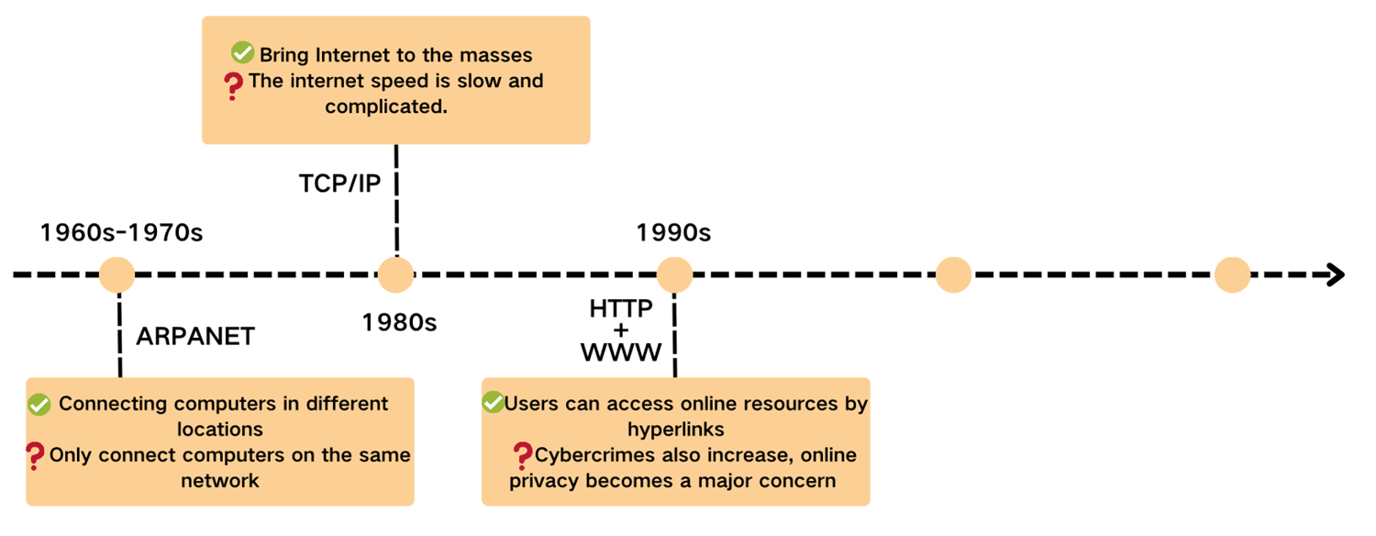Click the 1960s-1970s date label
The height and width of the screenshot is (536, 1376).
pos(121,232)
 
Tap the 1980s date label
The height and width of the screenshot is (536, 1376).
pos(399,322)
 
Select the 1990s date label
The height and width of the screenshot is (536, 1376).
pos(673,232)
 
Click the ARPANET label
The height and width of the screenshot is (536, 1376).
pos(195,336)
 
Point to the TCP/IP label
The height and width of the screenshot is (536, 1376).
pos(339,184)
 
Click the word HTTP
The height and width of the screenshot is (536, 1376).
pos(621,308)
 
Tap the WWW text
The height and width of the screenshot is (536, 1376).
pos(621,352)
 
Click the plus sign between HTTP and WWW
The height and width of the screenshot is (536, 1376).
pos(621,330)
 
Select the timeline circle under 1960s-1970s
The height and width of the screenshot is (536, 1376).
pos(117,274)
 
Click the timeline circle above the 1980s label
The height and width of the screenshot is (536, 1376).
pos(396,274)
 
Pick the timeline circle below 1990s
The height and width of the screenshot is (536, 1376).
pos(674,274)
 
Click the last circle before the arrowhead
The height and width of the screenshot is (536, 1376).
pos(1232,274)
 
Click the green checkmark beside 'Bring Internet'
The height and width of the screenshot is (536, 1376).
pos(243,53)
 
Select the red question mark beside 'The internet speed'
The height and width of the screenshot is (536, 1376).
pos(233,86)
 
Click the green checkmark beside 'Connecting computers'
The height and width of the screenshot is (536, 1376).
pos(39,405)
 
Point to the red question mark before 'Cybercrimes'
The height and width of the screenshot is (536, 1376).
pos(523,456)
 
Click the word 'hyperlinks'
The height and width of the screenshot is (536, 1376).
pos(676,429)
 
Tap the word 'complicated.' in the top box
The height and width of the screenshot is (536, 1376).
pos(386,106)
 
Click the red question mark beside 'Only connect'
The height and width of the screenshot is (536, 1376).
pos(35,457)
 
